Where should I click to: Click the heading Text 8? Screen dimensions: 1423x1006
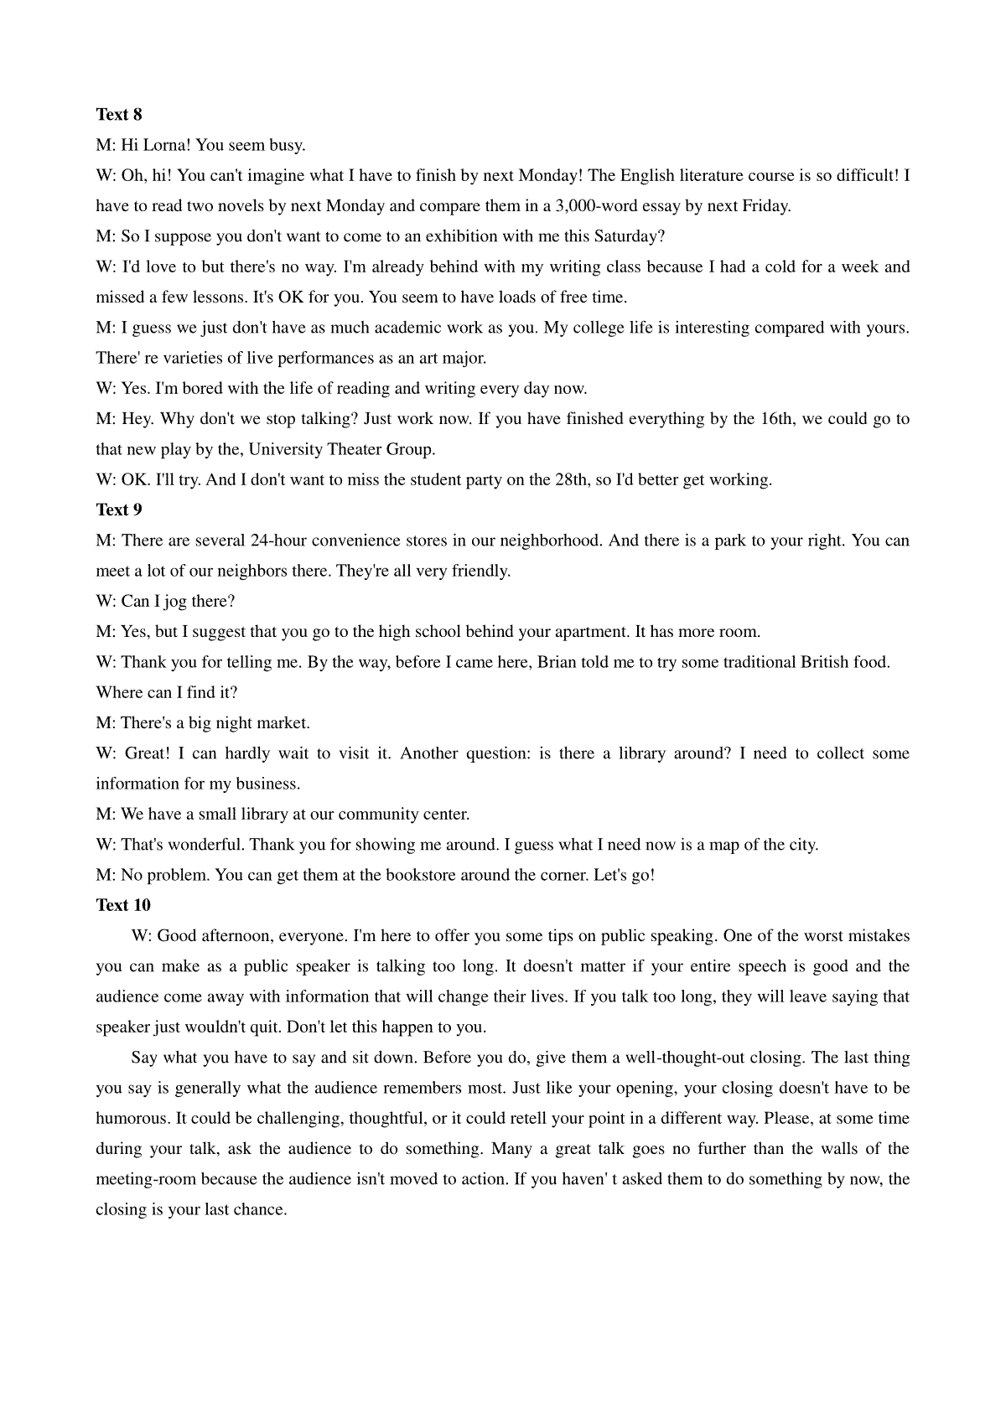click(x=118, y=114)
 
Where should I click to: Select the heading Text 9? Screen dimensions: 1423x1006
click(x=118, y=510)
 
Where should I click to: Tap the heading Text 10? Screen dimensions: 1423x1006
click(x=123, y=905)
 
